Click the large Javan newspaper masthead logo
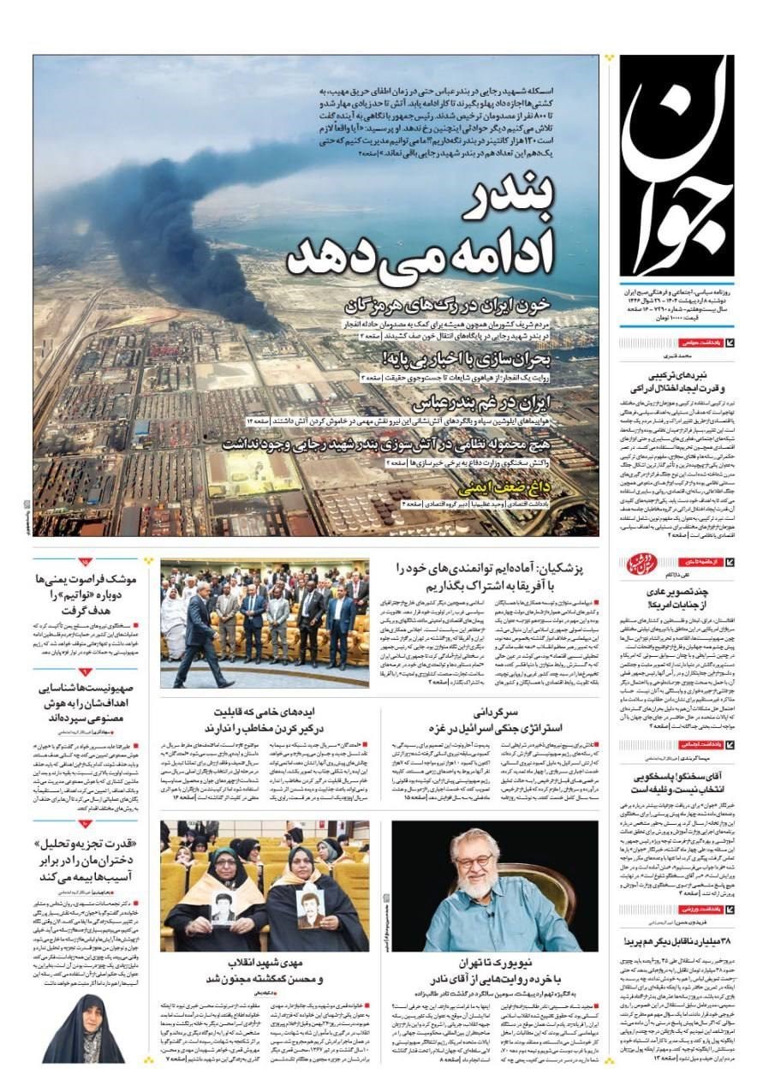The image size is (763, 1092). pos(677,163)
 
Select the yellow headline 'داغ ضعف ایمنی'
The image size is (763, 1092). pos(517,488)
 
